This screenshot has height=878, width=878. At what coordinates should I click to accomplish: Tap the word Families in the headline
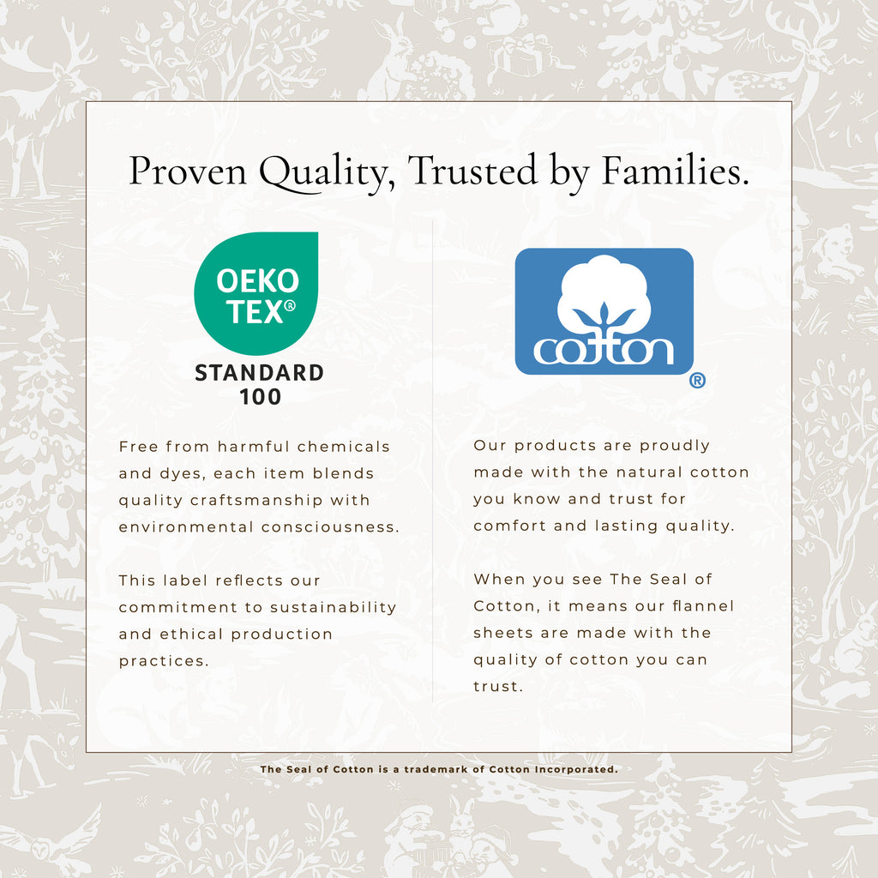(x=675, y=170)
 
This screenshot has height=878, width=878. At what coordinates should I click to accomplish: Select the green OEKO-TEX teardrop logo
(x=256, y=293)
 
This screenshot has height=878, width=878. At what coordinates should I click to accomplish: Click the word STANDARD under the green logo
(x=259, y=373)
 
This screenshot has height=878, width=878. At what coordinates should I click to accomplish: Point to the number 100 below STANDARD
(x=261, y=397)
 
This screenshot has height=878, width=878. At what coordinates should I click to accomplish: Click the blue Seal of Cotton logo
(x=604, y=311)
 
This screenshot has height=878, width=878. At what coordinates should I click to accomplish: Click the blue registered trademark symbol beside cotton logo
(x=697, y=381)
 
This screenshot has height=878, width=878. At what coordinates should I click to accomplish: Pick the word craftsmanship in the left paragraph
(x=256, y=500)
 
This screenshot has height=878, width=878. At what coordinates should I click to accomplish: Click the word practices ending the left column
(x=164, y=661)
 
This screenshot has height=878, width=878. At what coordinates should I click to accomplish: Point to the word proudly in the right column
(x=675, y=446)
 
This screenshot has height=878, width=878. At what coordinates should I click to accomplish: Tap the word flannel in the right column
(x=703, y=606)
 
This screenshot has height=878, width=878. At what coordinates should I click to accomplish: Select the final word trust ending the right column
(x=498, y=687)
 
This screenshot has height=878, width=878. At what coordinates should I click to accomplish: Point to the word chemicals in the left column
(x=343, y=447)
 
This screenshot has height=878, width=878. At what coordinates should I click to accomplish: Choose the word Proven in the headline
(x=188, y=171)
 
